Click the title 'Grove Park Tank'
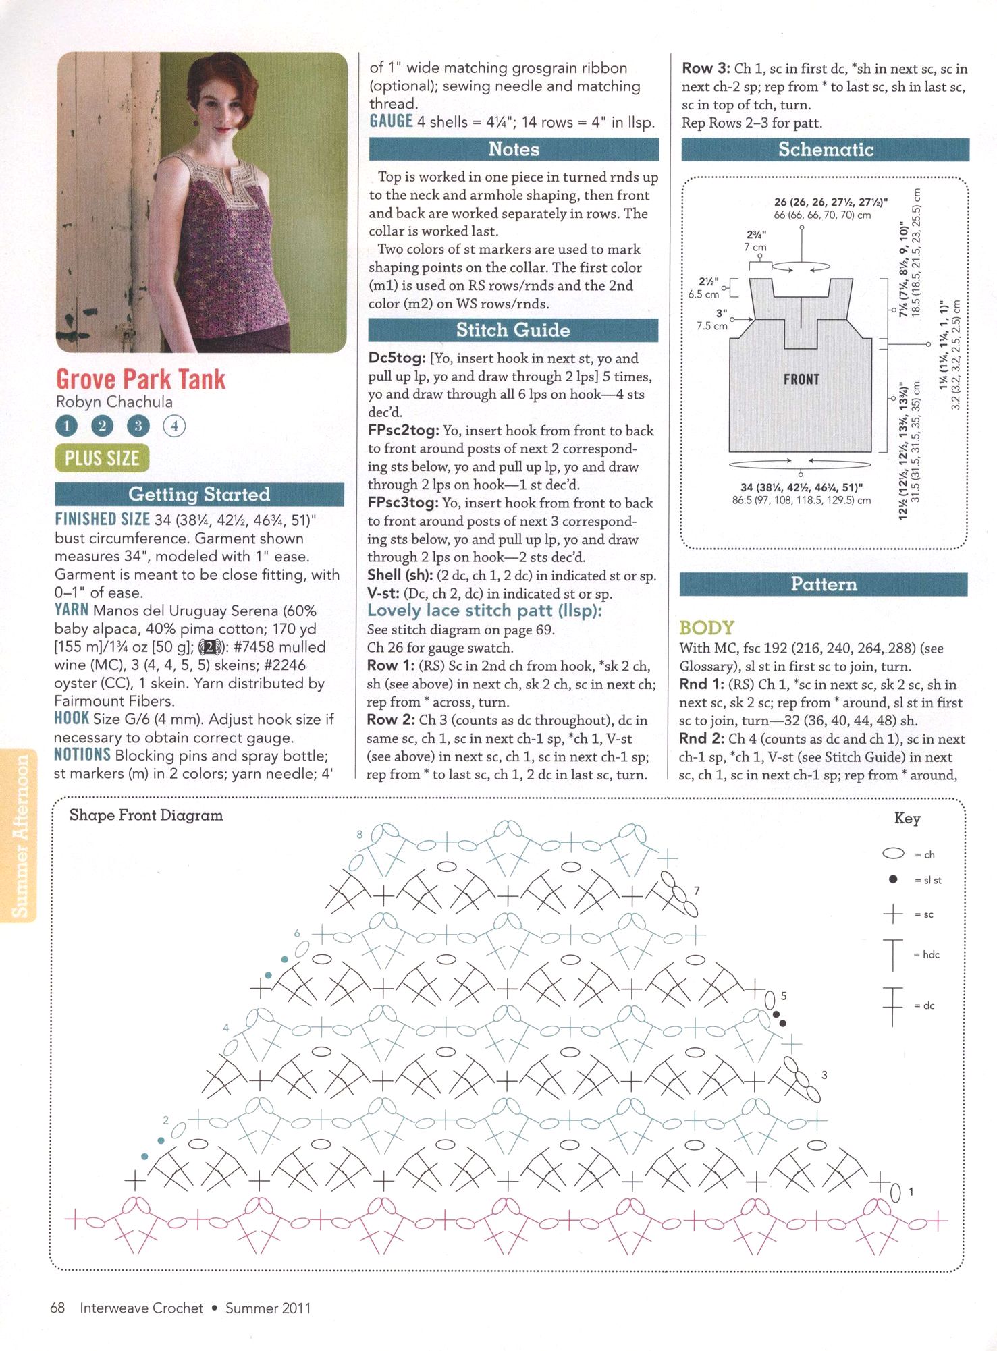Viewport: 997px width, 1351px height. coord(140,379)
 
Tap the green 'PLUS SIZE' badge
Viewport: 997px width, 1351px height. coord(102,458)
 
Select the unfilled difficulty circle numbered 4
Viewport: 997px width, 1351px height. coord(174,426)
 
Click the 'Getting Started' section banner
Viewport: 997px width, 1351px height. coord(199,495)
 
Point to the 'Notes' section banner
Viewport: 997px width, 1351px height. coord(514,149)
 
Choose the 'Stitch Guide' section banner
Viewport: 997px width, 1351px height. coord(513,330)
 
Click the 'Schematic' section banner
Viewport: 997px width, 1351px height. coord(826,149)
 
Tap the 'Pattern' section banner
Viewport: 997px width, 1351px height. coord(824,584)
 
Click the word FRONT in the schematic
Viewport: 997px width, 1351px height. coord(801,379)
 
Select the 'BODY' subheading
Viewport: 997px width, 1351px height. coord(706,628)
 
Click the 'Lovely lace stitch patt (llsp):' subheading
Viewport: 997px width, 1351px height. coord(484,611)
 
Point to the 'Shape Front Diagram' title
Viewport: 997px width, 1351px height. coord(146,815)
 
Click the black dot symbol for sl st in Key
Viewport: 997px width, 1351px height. coord(893,879)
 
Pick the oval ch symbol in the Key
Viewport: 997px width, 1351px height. coord(893,854)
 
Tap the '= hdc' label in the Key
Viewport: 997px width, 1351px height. coord(931,954)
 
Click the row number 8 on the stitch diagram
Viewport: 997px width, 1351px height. coord(360,834)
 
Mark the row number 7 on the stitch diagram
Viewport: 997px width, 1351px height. coord(697,891)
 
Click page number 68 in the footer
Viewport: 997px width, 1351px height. coord(57,1308)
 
